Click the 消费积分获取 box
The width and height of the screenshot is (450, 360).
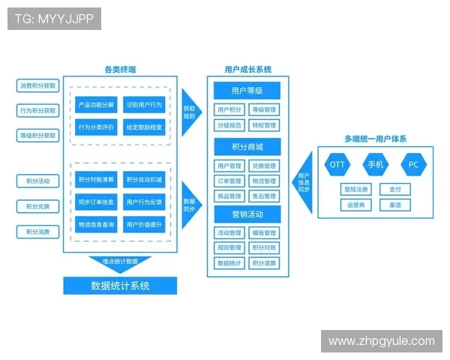[37, 85]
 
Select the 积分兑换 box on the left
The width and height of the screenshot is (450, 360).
[37, 206]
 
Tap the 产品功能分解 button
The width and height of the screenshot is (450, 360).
[96, 106]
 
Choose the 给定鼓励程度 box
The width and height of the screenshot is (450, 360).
[144, 127]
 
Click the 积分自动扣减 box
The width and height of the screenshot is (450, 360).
[144, 180]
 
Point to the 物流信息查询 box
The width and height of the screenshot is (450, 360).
[96, 224]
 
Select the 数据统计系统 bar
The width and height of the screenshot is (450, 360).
[120, 286]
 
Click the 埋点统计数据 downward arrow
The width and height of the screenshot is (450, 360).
[120, 262]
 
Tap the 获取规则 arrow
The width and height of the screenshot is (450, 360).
[190, 112]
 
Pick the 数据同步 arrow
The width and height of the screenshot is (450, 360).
[190, 202]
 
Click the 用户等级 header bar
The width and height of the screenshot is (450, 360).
[247, 91]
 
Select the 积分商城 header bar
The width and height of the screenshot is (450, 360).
[247, 145]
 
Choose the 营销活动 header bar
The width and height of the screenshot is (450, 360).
[247, 214]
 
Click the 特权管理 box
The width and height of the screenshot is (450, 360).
[264, 125]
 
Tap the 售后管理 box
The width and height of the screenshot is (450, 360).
[264, 196]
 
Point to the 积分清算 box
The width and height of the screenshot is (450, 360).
[264, 263]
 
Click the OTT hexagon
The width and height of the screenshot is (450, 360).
[337, 163]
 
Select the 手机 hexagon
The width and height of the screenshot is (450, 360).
[375, 163]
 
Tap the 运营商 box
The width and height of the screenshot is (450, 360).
[355, 204]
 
